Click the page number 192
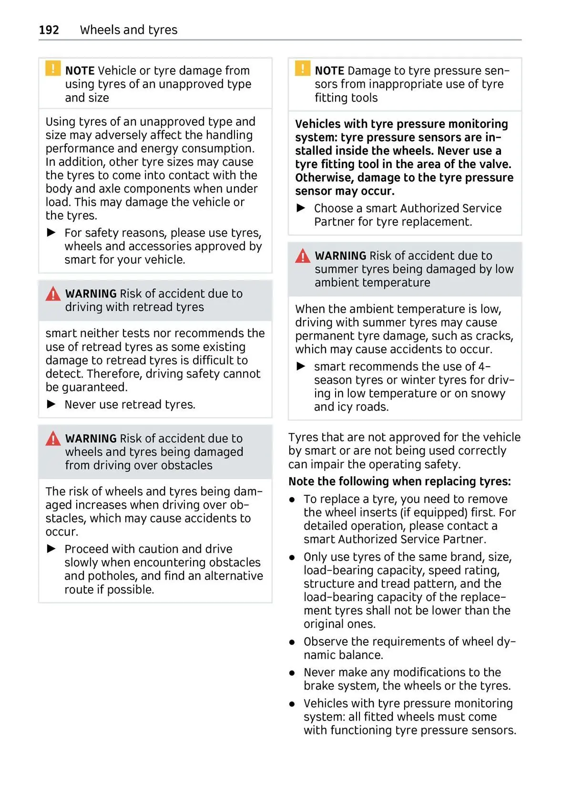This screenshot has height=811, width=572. tap(49, 30)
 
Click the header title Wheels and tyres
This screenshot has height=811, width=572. tap(129, 30)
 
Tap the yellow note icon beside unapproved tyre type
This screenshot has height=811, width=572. tap(53, 69)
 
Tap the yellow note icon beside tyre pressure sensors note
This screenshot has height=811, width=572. tap(302, 69)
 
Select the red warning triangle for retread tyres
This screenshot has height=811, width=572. tap(53, 294)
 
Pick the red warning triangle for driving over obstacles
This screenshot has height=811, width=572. tap(53, 439)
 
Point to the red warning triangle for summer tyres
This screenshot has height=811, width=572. tap(302, 256)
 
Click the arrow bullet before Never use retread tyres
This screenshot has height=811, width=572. tap(51, 404)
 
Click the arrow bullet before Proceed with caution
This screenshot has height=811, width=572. tap(51, 549)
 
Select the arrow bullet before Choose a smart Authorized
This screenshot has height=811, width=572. tap(301, 208)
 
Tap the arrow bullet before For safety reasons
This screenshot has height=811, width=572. tap(51, 233)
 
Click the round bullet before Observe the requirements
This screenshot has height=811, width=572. tap(292, 642)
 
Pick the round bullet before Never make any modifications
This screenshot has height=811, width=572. tap(292, 673)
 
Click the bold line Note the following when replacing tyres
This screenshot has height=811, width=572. tap(399, 481)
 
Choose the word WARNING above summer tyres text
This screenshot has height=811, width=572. tap(340, 256)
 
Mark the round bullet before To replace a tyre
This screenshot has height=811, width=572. tap(292, 500)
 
